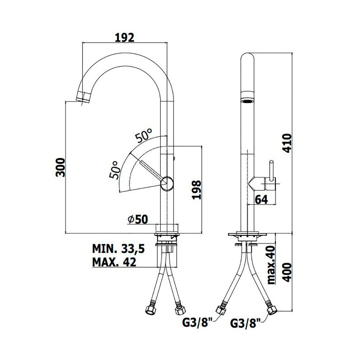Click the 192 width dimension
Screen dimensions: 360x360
pos(125,37)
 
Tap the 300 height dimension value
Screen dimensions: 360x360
pos(60,167)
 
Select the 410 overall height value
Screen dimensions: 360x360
pos(287,143)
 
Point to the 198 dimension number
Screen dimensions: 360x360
pos(197,190)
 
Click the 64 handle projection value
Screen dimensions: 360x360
pos(261,199)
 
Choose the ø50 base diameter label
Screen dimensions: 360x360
pos(138,220)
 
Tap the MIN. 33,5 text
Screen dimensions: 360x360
pos(118,249)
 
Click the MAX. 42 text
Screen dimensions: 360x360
pos(114,262)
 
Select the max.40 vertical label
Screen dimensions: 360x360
pos(271,265)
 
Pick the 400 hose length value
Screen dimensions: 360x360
pos(287,272)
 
